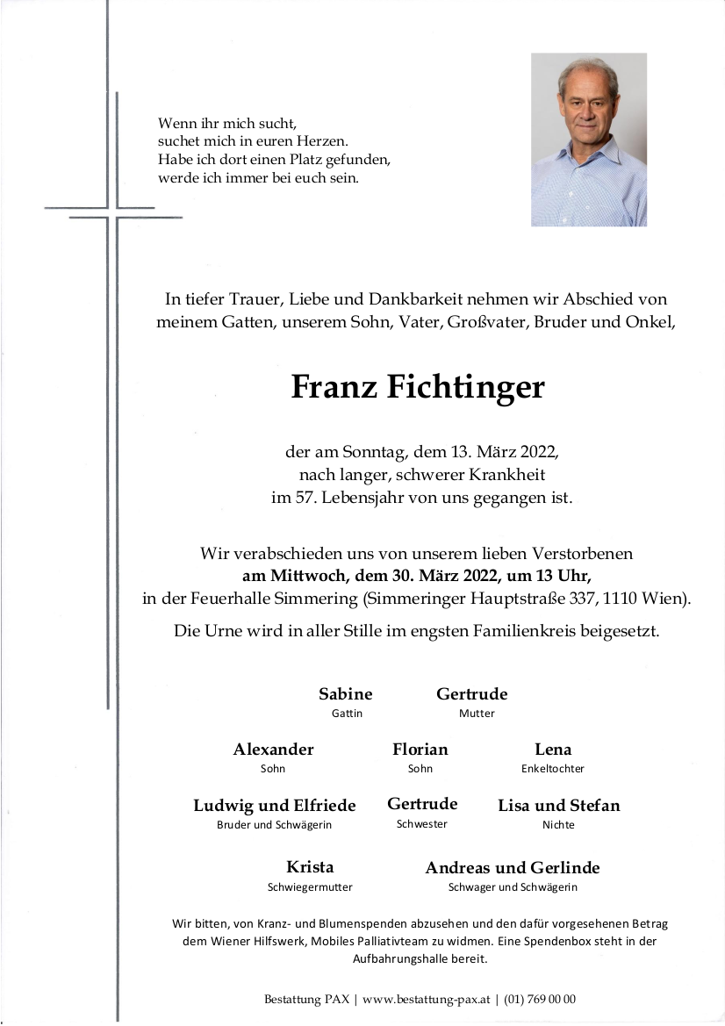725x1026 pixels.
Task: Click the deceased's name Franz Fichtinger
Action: [x=418, y=387]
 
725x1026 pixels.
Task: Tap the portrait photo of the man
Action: [x=588, y=140]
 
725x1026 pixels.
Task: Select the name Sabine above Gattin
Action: [x=346, y=694]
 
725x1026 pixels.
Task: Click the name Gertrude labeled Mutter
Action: [x=471, y=694]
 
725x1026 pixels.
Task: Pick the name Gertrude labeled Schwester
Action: [x=422, y=804]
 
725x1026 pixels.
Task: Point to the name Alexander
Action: [x=273, y=750]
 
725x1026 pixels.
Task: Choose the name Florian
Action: [x=420, y=750]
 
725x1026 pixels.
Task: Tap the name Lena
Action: [x=553, y=750]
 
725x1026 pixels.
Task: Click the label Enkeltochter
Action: [x=552, y=769]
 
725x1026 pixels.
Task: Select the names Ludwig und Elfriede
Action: [x=275, y=806]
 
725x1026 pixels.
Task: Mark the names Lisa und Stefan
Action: [x=558, y=806]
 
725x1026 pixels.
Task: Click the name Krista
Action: [x=310, y=868]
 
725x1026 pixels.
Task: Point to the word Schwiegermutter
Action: [x=310, y=887]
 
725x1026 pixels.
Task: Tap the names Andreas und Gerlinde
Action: [x=513, y=868]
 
